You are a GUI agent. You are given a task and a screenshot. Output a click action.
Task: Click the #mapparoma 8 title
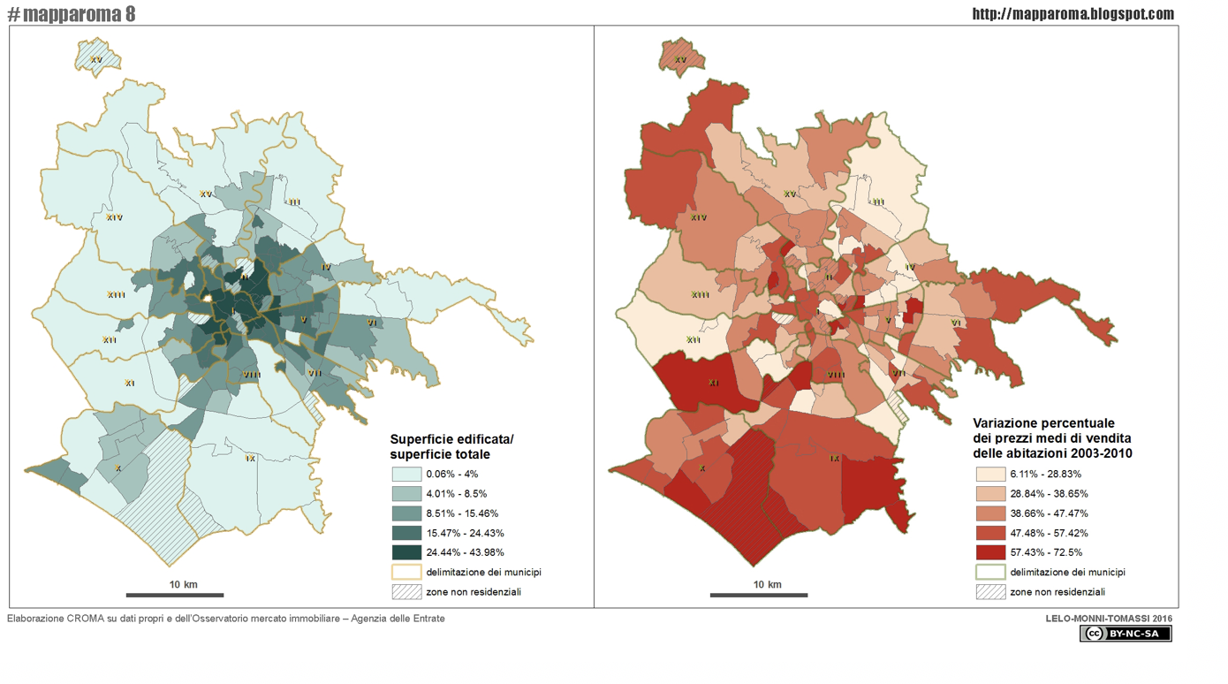click(72, 13)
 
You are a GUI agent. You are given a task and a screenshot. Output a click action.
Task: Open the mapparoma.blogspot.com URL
click(1073, 13)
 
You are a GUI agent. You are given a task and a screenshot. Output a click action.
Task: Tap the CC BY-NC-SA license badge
click(1125, 634)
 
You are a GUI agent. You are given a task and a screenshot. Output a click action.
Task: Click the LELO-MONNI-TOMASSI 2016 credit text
click(1109, 619)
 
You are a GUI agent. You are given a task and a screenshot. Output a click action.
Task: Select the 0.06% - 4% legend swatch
click(406, 475)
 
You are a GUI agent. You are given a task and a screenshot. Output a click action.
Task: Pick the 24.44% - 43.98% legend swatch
click(406, 552)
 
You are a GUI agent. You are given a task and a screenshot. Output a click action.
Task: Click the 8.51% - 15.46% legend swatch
click(406, 513)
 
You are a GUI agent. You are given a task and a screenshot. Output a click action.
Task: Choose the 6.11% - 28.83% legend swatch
click(990, 475)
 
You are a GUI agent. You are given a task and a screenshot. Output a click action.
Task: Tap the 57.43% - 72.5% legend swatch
click(990, 552)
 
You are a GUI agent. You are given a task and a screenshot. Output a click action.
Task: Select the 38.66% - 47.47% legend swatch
click(990, 513)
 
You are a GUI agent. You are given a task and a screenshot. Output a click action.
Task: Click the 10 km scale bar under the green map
click(174, 595)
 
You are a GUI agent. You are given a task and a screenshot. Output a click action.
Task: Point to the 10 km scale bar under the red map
click(758, 595)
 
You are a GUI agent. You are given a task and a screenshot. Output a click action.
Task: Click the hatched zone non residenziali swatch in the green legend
click(406, 592)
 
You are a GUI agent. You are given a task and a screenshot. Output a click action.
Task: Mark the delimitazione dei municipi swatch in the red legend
click(990, 573)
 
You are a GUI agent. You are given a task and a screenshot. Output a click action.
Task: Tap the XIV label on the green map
click(114, 217)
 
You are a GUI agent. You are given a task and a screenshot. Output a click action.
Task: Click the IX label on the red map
click(834, 459)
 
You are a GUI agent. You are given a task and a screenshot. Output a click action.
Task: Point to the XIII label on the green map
click(116, 295)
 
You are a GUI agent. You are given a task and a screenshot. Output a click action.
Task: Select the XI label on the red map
click(713, 384)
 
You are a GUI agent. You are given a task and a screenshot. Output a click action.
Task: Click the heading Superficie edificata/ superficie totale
click(451, 447)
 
